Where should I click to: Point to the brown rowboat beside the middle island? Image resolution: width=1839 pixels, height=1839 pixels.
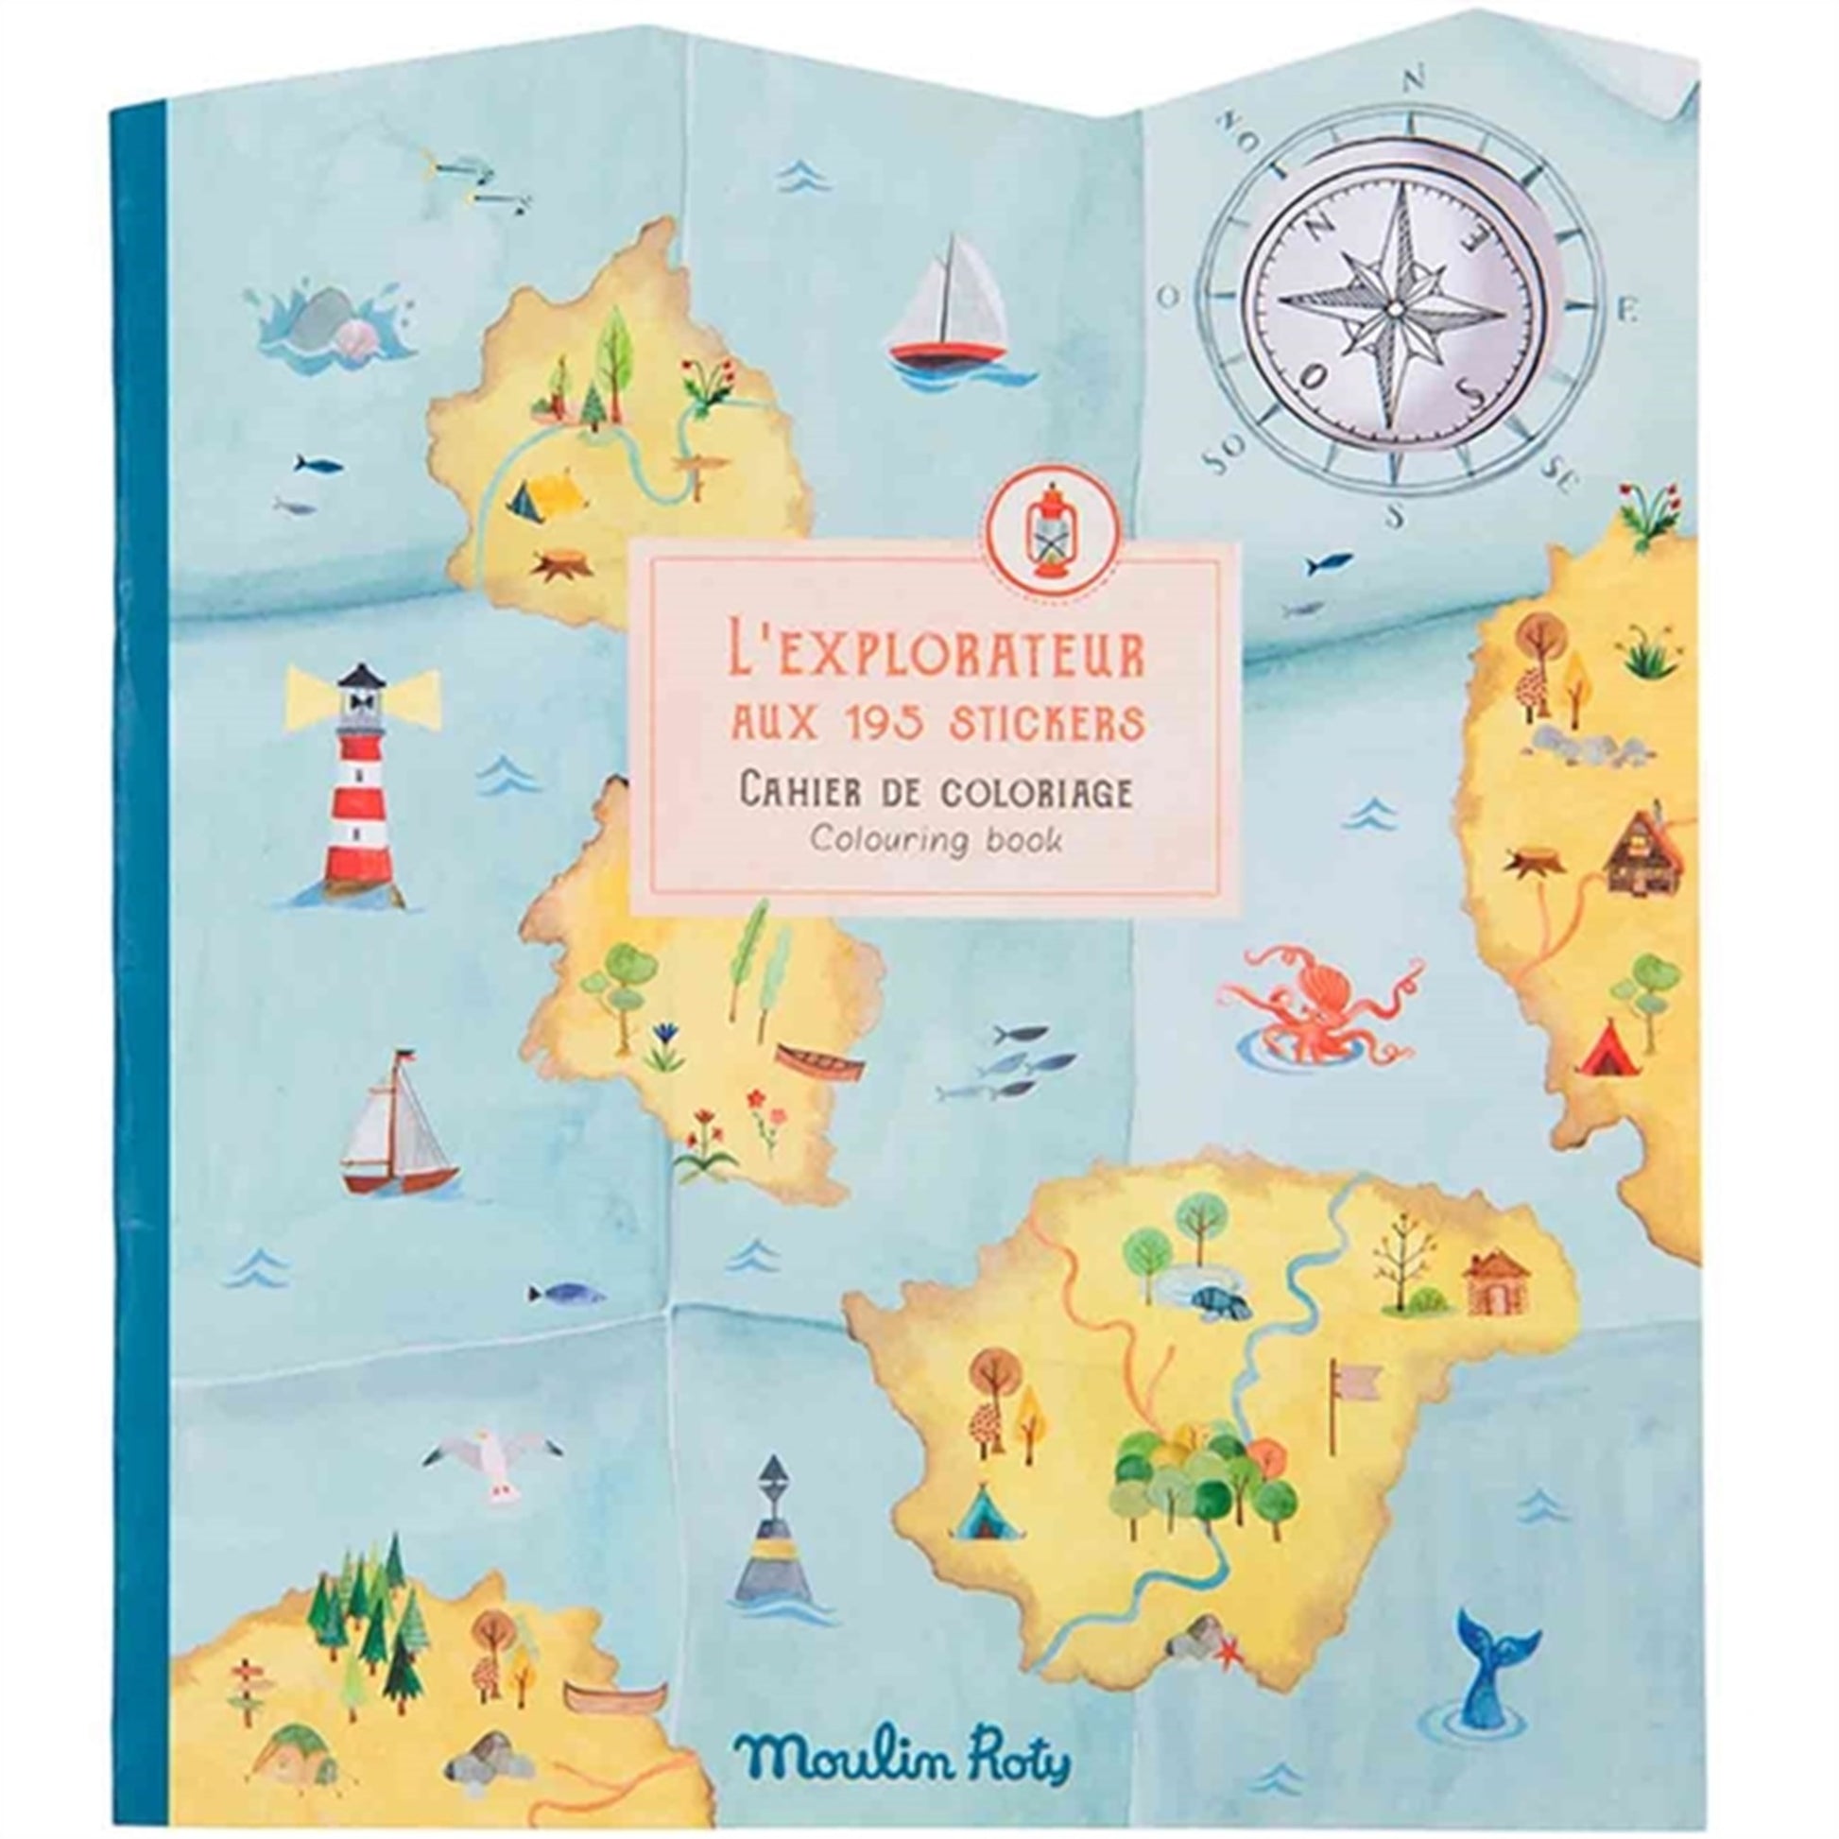click(819, 1057)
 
